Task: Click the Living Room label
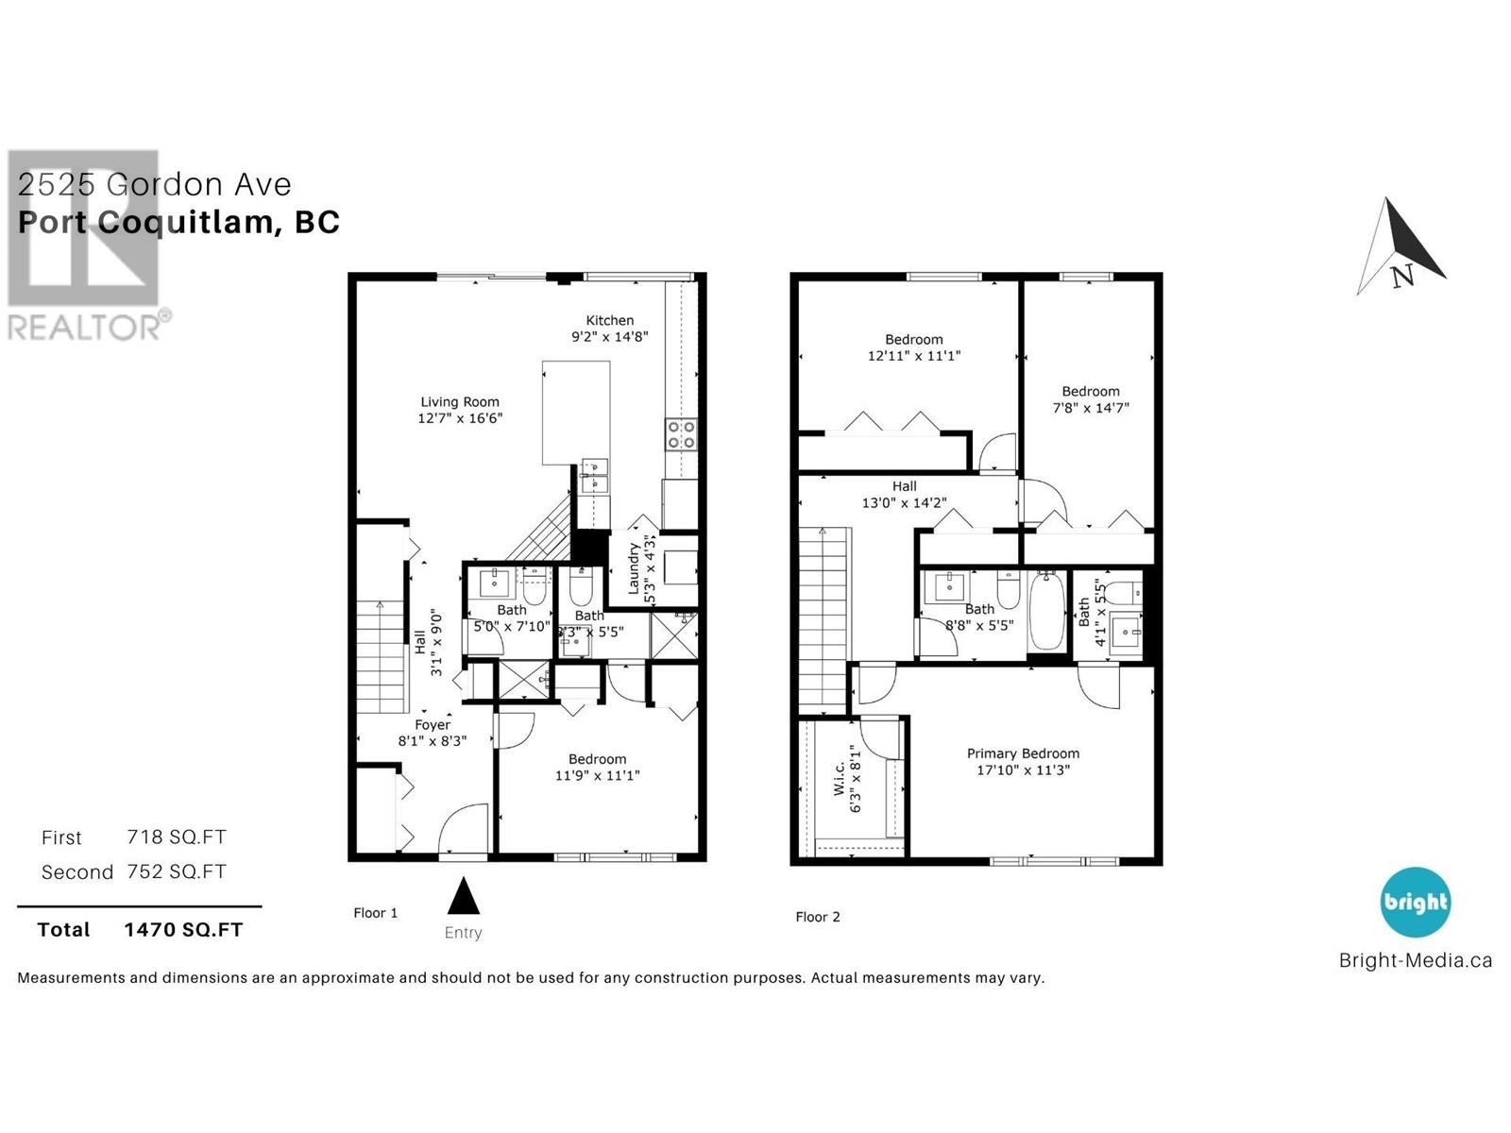pyautogui.click(x=460, y=402)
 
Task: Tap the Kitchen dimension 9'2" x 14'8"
pyautogui.click(x=609, y=337)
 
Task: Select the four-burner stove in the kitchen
pyautogui.click(x=681, y=435)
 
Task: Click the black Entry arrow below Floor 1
pyautogui.click(x=463, y=896)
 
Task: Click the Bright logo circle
pyautogui.click(x=1415, y=902)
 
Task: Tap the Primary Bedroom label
pyautogui.click(x=1023, y=753)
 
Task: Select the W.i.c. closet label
pyautogui.click(x=840, y=785)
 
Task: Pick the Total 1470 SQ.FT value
pyautogui.click(x=183, y=930)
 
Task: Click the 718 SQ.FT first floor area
pyautogui.click(x=177, y=837)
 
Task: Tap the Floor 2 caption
pyautogui.click(x=817, y=917)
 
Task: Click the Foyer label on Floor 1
pyautogui.click(x=433, y=725)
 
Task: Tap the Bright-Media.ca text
pyautogui.click(x=1415, y=961)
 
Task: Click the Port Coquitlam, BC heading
pyautogui.click(x=179, y=223)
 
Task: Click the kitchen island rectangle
pyautogui.click(x=575, y=413)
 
